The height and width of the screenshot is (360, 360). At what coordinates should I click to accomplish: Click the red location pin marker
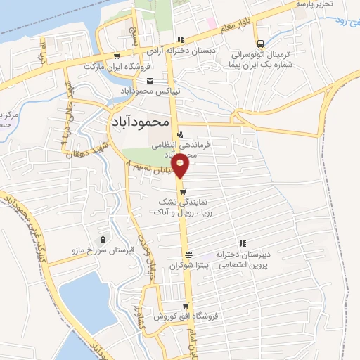click(x=181, y=167)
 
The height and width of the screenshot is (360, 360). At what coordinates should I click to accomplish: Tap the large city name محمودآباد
click(x=141, y=121)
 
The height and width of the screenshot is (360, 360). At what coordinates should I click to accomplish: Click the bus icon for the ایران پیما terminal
click(x=260, y=42)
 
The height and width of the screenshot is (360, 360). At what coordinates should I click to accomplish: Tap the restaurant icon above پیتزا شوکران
click(x=188, y=255)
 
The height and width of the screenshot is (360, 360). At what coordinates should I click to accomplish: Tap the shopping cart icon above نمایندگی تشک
click(x=181, y=190)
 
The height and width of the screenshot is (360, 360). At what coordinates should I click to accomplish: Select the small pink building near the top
click(x=211, y=22)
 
